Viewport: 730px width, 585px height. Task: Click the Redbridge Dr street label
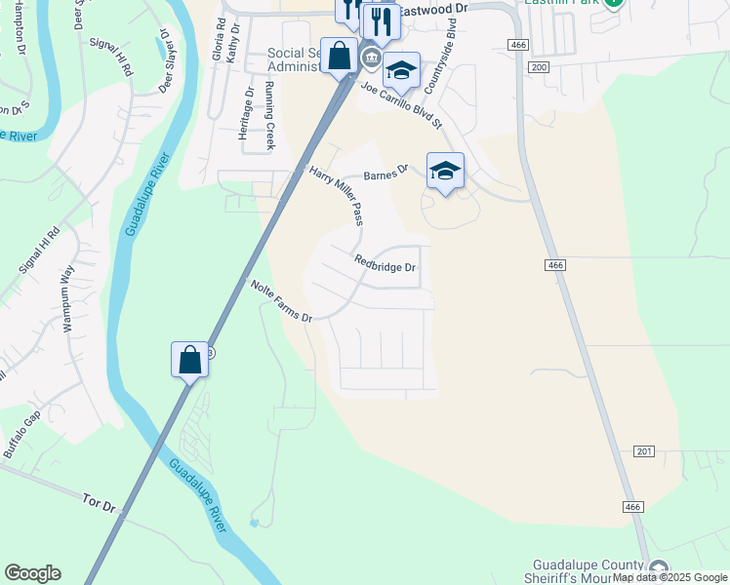pos(385,264)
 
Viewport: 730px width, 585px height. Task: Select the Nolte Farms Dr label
pos(281,302)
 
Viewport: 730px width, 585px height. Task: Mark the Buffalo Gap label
pos(22,435)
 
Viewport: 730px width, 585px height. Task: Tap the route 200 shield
pos(538,66)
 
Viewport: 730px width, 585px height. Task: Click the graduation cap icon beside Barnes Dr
pos(445,171)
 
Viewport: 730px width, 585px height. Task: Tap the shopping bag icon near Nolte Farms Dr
pos(190,359)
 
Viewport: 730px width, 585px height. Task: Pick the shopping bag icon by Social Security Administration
pos(340,56)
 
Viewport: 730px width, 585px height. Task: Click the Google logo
pos(32,573)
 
